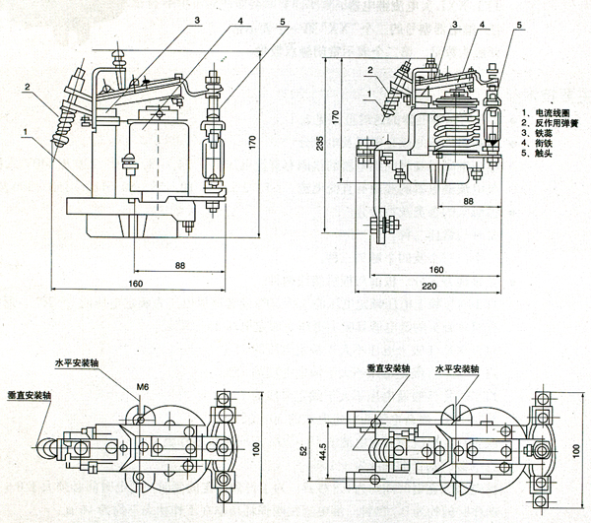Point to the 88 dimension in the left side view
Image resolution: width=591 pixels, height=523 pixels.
point(181,264)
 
